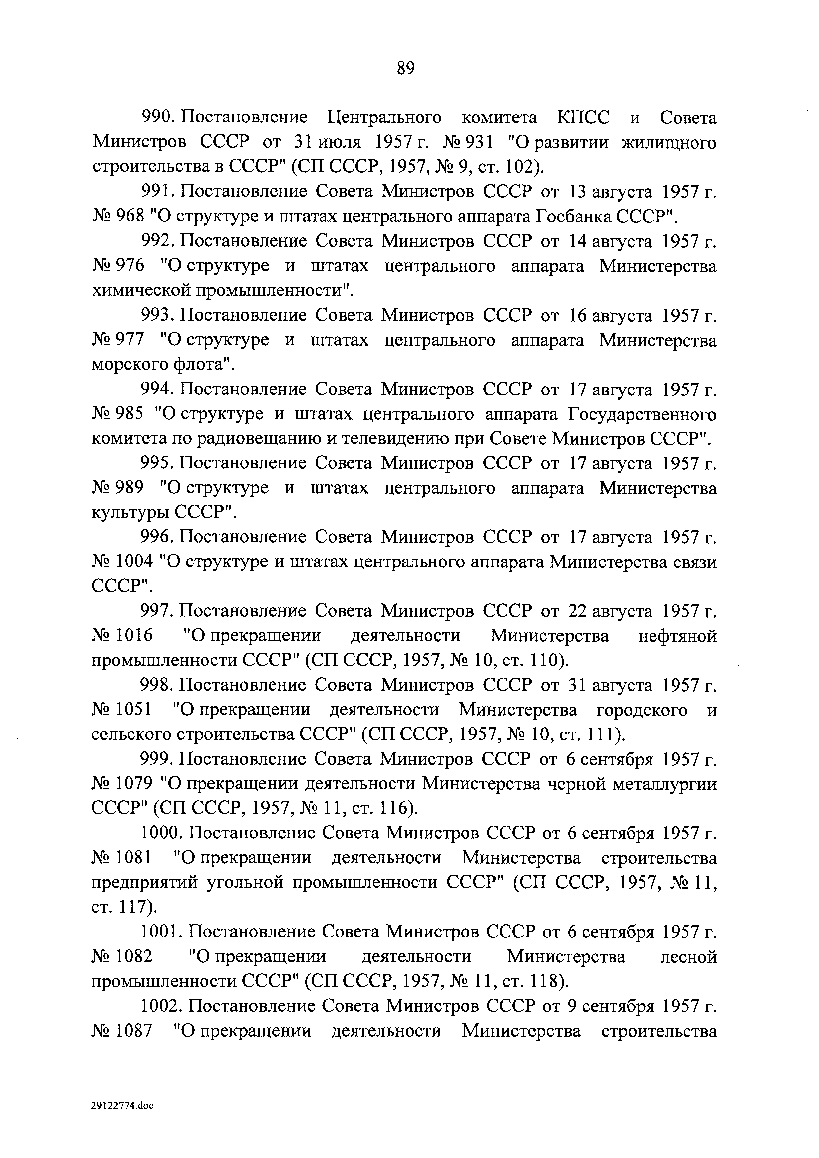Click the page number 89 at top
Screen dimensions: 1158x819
pyautogui.click(x=406, y=68)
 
